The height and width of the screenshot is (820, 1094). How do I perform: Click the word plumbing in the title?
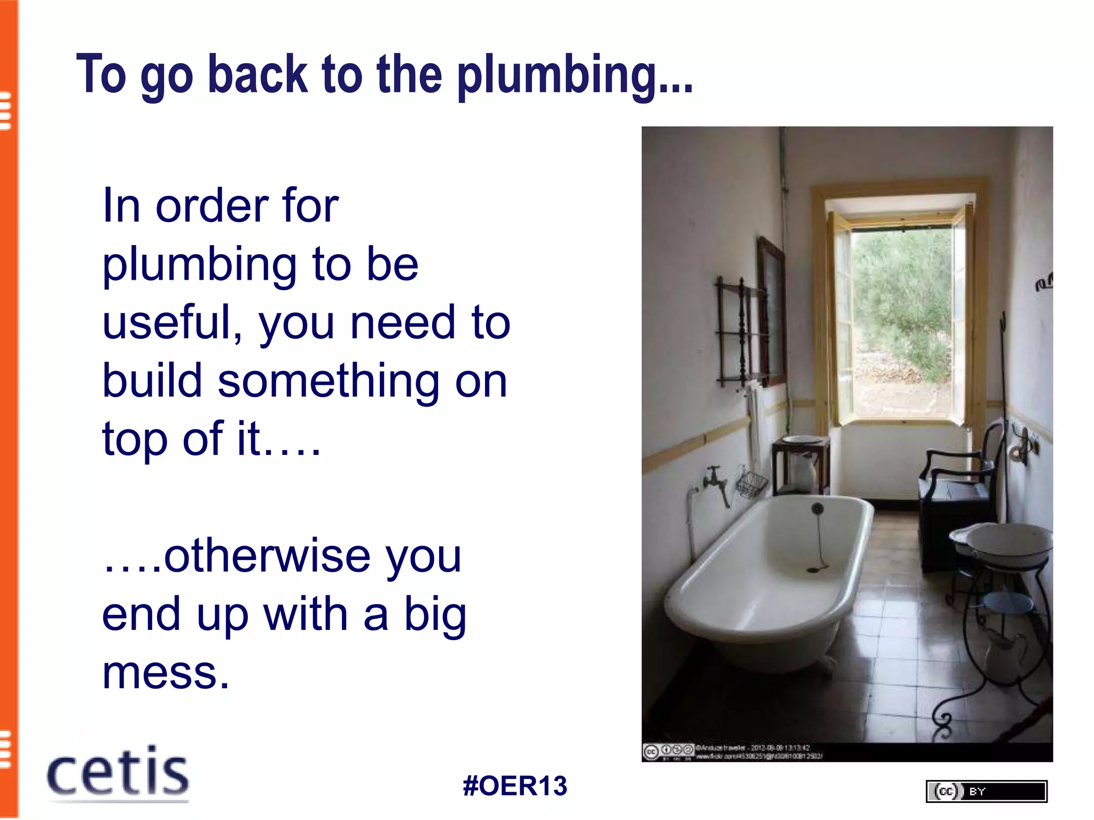[575, 76]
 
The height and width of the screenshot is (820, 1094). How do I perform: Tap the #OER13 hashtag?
[515, 786]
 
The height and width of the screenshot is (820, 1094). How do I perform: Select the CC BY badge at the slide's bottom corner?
[986, 791]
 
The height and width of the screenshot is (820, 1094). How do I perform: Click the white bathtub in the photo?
[769, 577]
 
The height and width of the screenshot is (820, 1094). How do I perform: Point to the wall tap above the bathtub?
[715, 480]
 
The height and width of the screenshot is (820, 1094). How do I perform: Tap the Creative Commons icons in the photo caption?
[668, 751]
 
